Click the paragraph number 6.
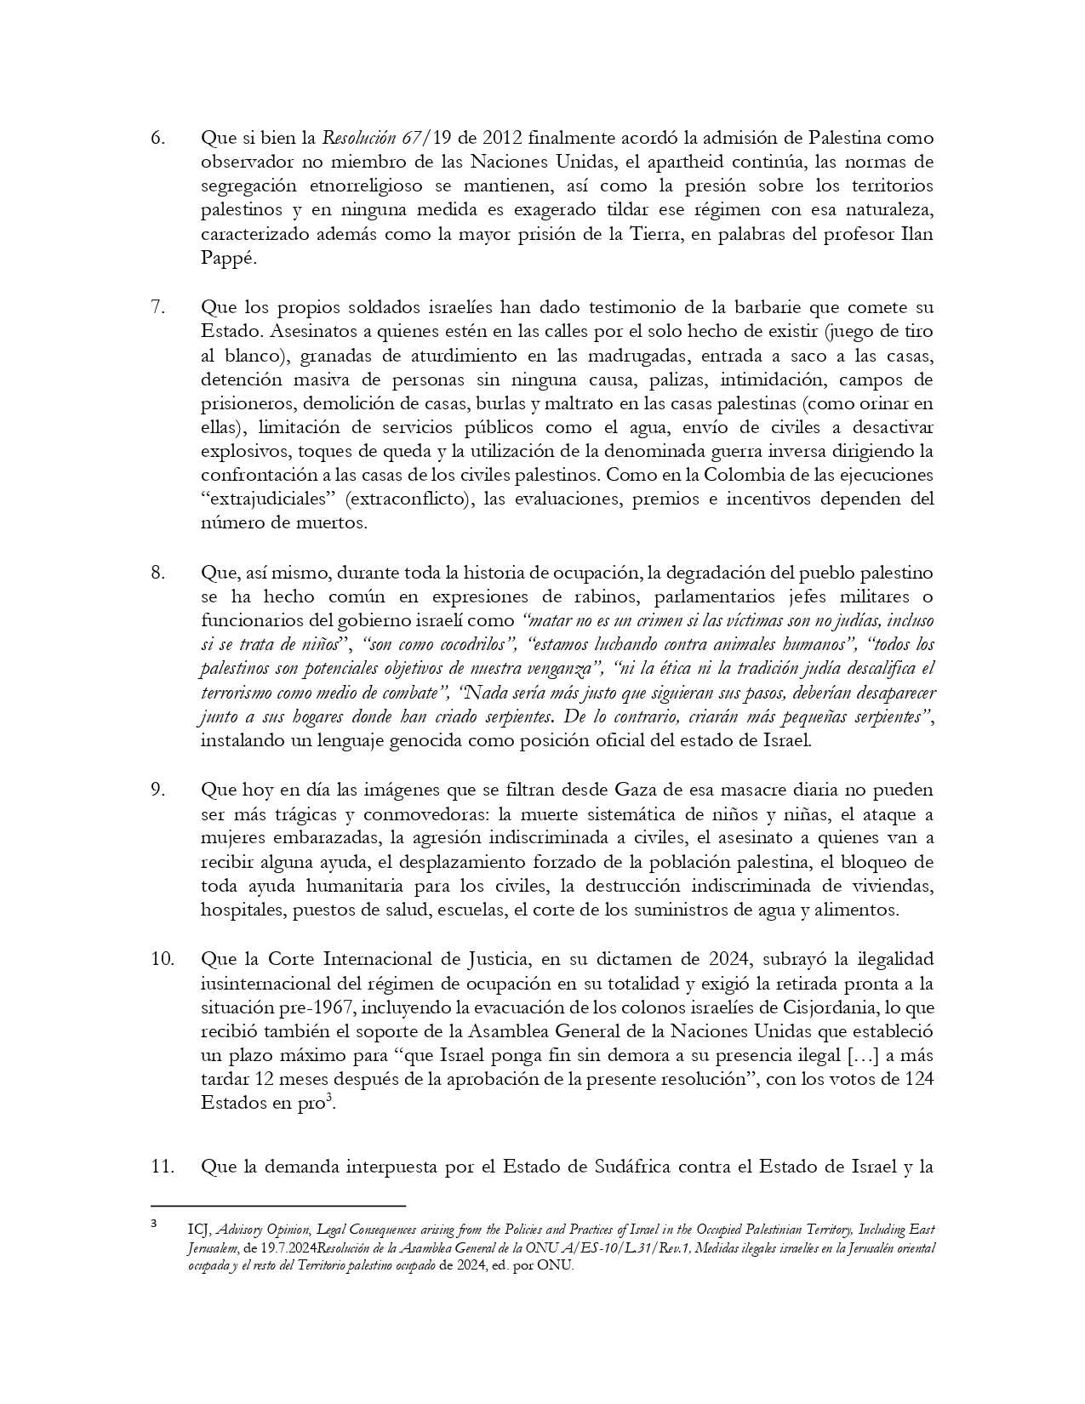tap(157, 138)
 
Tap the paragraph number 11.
tap(163, 1167)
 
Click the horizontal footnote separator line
tap(277, 1206)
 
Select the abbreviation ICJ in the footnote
tap(199, 1230)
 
